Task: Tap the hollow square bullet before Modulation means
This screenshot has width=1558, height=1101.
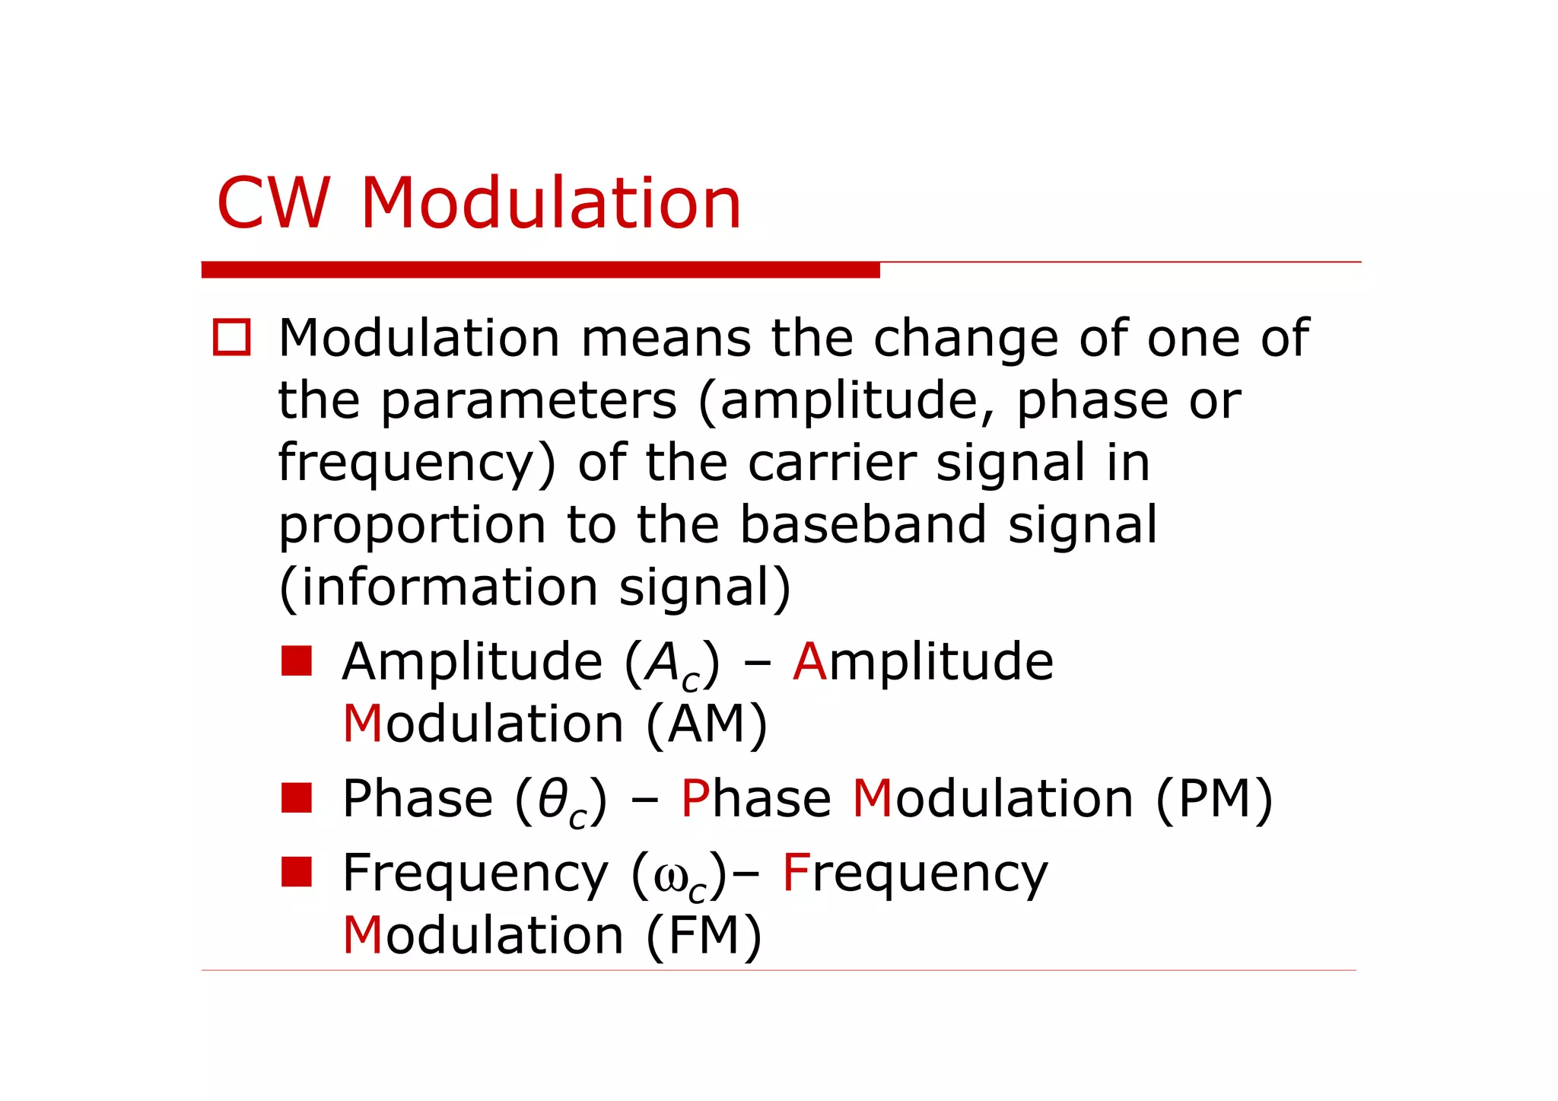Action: pyautogui.click(x=231, y=337)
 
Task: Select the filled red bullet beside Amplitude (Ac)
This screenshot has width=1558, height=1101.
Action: pyautogui.click(x=296, y=660)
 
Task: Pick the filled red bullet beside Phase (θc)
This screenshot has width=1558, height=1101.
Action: pyautogui.click(x=296, y=797)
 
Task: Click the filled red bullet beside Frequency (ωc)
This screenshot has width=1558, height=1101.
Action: pyautogui.click(x=296, y=872)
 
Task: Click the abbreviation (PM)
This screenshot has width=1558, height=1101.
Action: pyautogui.click(x=1213, y=799)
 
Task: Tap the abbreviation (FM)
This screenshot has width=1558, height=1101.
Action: pyautogui.click(x=704, y=935)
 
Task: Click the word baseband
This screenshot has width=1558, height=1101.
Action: pyautogui.click(x=863, y=524)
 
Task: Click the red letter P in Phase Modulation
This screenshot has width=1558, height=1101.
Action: pyautogui.click(x=695, y=799)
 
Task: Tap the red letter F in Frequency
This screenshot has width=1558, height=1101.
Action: pyautogui.click(x=795, y=873)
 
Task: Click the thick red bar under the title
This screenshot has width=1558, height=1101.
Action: pyautogui.click(x=540, y=269)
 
